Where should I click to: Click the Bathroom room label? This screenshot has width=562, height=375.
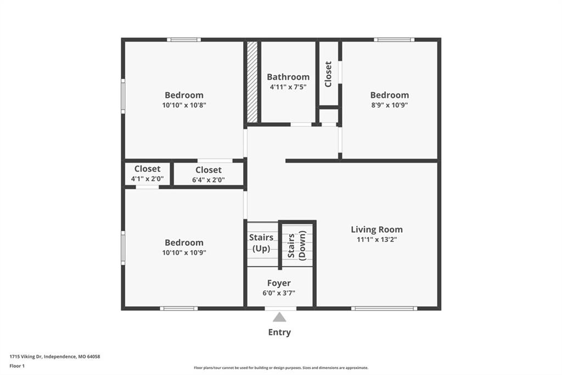(288, 77)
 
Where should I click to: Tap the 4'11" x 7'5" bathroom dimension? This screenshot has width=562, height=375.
(288, 86)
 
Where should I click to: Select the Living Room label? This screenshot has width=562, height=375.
(376, 229)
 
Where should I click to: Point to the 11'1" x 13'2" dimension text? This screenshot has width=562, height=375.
(376, 239)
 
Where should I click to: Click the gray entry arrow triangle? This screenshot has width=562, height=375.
(279, 317)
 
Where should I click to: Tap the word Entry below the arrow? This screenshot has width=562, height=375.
(279, 332)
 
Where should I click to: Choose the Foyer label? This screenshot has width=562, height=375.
(279, 283)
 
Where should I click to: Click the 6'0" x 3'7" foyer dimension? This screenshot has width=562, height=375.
(279, 293)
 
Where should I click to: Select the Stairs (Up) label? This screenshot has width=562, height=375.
(261, 243)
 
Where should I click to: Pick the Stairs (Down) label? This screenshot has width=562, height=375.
(297, 245)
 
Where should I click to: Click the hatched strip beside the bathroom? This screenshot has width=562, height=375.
(252, 82)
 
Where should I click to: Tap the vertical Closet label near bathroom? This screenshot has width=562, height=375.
(328, 74)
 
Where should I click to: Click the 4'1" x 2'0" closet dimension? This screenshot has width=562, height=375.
(147, 179)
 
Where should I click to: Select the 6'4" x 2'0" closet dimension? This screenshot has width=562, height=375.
(209, 180)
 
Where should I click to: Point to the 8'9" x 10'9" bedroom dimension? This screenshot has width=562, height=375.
(390, 105)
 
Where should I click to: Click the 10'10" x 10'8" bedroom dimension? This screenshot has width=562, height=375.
(184, 105)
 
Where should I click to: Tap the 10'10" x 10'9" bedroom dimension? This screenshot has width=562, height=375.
(184, 252)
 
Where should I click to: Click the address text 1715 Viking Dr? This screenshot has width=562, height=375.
(26, 357)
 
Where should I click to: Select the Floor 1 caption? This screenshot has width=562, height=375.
(17, 366)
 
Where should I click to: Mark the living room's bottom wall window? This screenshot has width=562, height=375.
(384, 308)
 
